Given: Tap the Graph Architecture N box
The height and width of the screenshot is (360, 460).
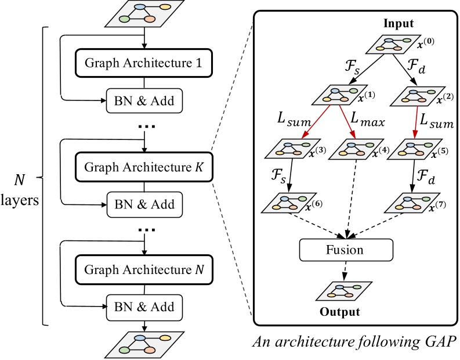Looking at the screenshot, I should coord(143,269).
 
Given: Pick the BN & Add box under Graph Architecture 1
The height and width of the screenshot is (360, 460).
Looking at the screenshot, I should coord(143,102).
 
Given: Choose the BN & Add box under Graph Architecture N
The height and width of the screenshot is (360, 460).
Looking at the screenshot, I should coord(143,306).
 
